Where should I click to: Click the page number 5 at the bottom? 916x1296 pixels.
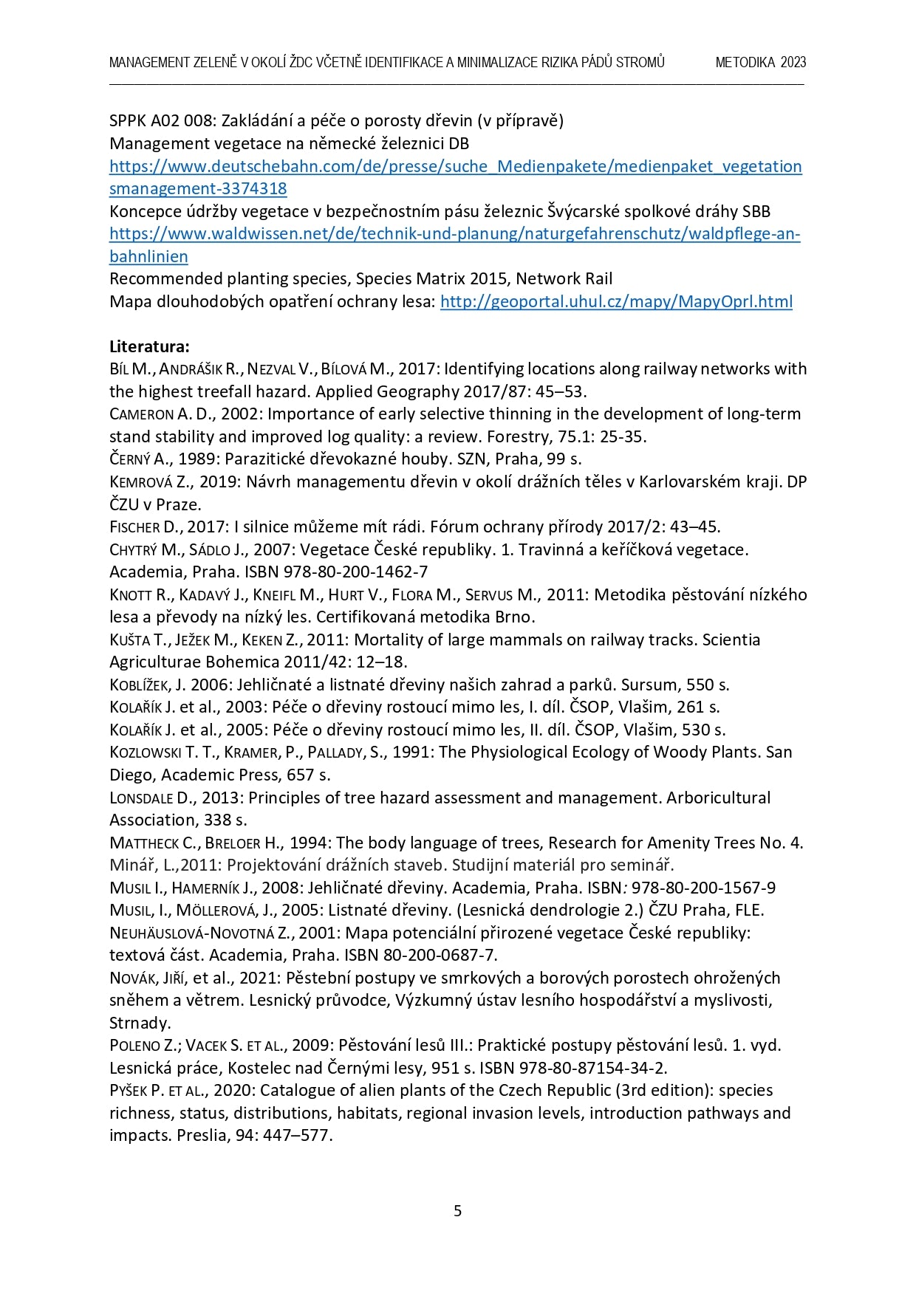click(457, 1210)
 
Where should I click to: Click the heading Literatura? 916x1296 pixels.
click(149, 346)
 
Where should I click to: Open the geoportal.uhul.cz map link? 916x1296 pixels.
click(616, 301)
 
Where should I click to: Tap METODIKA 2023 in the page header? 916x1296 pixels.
click(760, 63)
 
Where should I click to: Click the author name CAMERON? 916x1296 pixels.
click(141, 414)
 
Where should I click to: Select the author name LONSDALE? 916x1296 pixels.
click(141, 798)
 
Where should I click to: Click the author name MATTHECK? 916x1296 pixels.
click(143, 843)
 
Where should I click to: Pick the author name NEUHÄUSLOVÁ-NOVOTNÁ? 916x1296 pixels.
click(192, 933)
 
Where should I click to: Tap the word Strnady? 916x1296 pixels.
click(140, 1024)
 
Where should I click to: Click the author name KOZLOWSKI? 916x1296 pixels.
click(146, 752)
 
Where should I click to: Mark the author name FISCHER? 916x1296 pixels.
click(134, 527)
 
